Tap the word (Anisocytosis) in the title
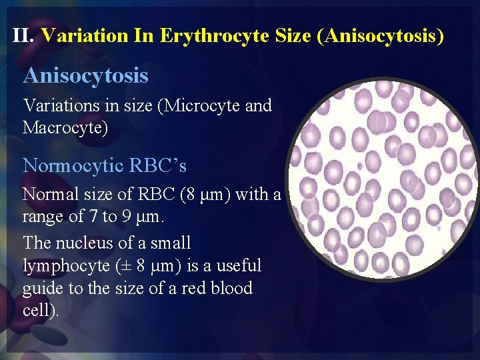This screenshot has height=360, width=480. tap(382, 35)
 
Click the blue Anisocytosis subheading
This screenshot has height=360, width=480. tap(85, 75)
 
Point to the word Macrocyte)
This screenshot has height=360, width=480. tap(65, 127)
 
